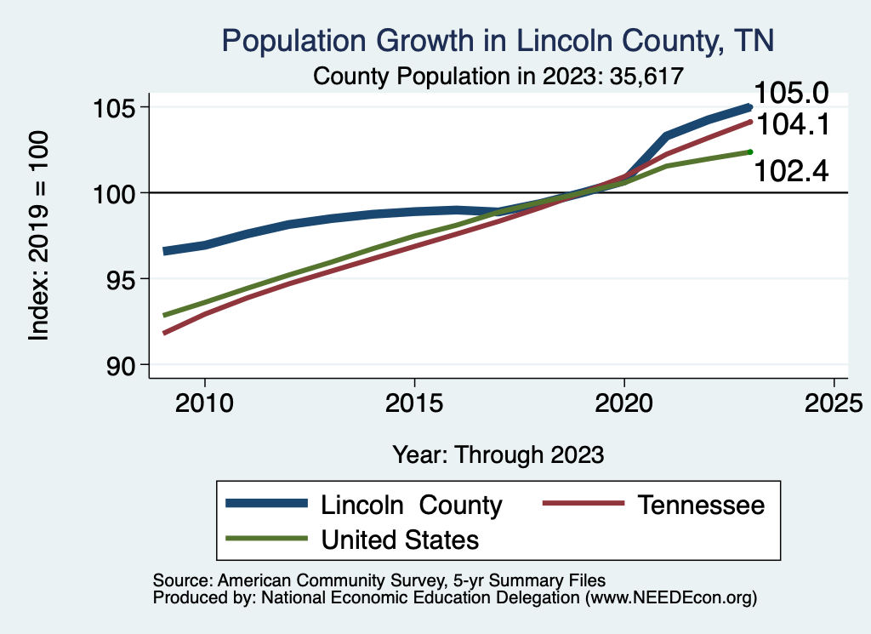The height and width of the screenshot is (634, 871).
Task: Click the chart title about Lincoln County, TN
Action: point(498,41)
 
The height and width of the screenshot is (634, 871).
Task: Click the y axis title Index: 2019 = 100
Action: point(39,237)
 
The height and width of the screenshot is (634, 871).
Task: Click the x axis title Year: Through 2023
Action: point(498,454)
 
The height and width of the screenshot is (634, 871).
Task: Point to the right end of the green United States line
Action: point(750,151)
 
